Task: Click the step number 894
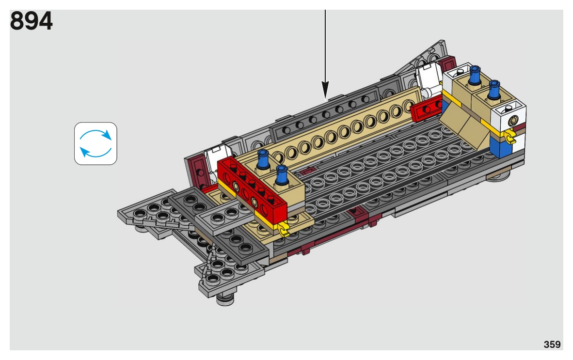pos(32,21)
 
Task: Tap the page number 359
pos(552,344)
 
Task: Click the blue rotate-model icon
pos(96,143)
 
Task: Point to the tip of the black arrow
pos(325,99)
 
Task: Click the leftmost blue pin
pos(263,159)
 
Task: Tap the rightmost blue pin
pos(494,90)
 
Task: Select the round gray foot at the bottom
pos(225,298)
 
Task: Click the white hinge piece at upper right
pos(430,79)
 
